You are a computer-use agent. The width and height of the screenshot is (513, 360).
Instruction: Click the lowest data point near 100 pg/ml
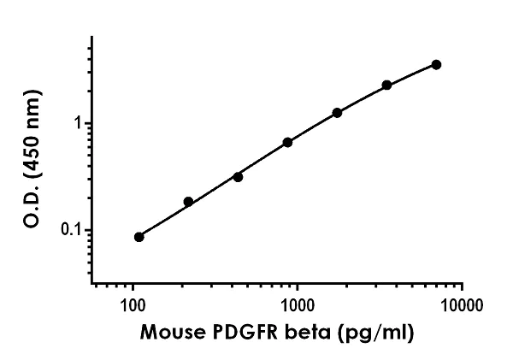pos(139,237)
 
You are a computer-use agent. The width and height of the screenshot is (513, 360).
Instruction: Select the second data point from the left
pos(188,202)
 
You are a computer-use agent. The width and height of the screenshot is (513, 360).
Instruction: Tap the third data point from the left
pos(238,177)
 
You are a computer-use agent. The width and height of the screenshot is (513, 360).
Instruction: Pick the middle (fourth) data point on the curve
pos(287,142)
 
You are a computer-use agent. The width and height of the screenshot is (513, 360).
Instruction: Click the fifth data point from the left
pos(337,113)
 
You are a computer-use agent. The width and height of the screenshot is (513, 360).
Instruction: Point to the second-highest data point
pos(386,85)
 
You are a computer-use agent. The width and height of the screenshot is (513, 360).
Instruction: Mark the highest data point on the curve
pos(436,64)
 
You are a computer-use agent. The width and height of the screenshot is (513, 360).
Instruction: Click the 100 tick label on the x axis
pos(133,304)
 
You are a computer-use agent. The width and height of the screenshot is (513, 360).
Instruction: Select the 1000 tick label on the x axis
pos(298,304)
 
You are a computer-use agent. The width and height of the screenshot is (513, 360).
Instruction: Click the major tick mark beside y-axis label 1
pos(88,123)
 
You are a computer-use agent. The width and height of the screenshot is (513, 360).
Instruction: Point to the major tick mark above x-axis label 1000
pos(298,286)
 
